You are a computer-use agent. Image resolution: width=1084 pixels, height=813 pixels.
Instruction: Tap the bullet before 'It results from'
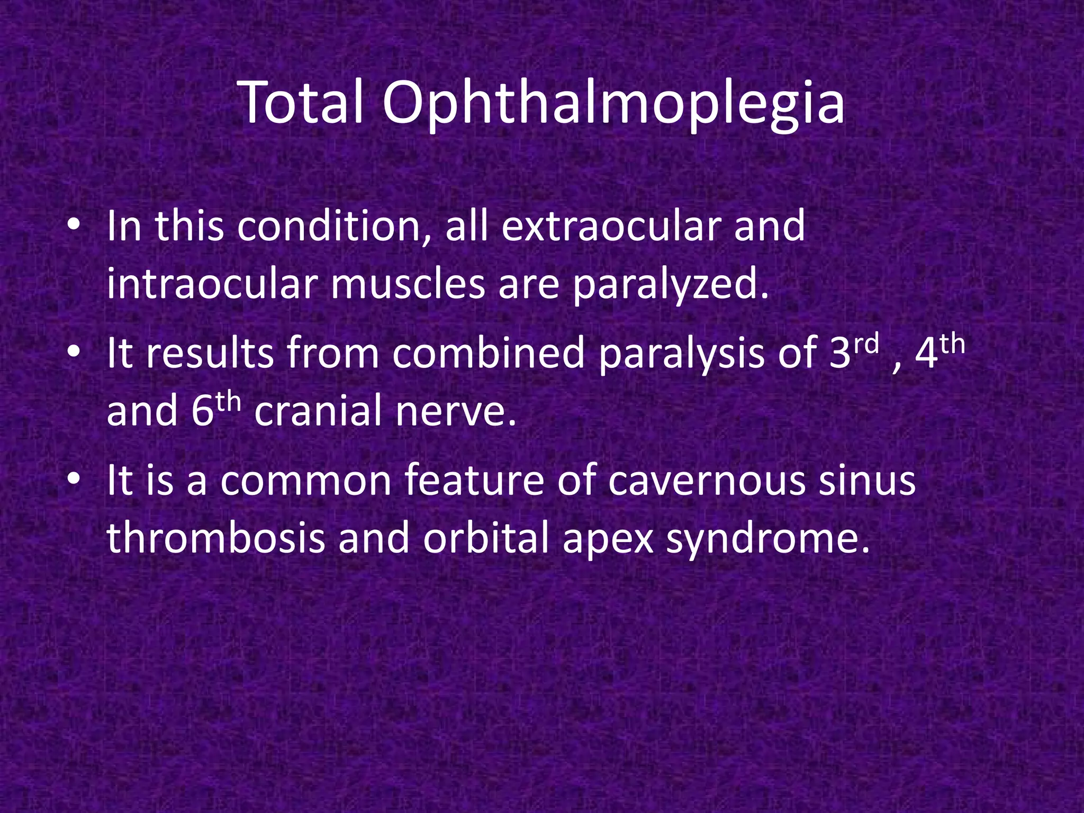tap(74, 353)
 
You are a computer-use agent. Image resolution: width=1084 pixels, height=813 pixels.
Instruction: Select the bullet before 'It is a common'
tap(74, 480)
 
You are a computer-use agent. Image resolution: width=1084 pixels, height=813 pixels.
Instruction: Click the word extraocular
tap(608, 227)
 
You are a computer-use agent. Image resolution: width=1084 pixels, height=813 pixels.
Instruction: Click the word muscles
tap(408, 284)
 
